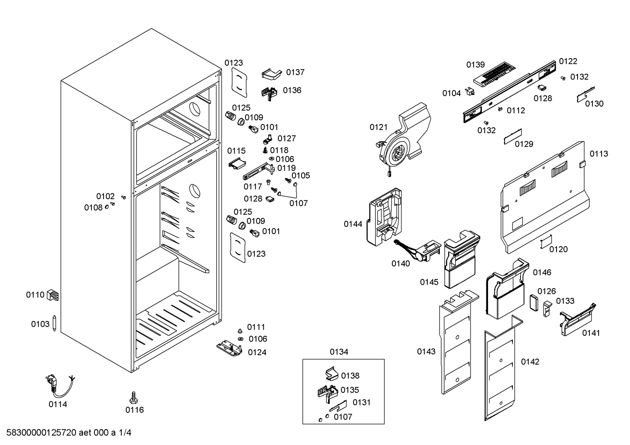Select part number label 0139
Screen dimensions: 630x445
coord(475,65)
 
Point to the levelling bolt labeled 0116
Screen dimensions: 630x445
coord(134,397)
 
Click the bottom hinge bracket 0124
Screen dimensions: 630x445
coord(229,348)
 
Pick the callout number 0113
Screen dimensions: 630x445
coord(599,154)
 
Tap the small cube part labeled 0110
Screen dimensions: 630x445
coord(52,295)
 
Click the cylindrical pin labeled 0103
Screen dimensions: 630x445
coord(55,323)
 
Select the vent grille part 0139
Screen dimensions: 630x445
coord(495,74)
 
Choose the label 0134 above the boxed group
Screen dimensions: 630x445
coord(339,352)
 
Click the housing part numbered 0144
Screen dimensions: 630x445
coord(384,217)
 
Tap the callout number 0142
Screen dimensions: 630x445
coord(530,362)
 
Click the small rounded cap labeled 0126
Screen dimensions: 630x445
coord(534,303)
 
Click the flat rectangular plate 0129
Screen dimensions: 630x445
coord(513,137)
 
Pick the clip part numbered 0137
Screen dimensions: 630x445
coord(272,74)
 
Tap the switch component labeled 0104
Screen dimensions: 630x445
coord(470,91)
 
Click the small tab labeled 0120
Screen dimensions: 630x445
coord(546,242)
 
